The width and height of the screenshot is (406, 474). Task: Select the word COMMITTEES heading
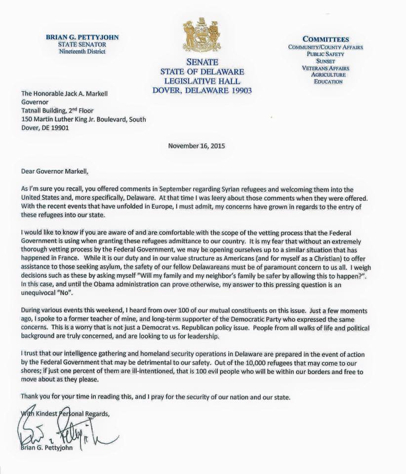coord(326,39)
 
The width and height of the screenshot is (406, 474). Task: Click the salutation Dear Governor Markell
coord(57,171)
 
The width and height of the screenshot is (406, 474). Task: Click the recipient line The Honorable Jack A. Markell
coord(72,91)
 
